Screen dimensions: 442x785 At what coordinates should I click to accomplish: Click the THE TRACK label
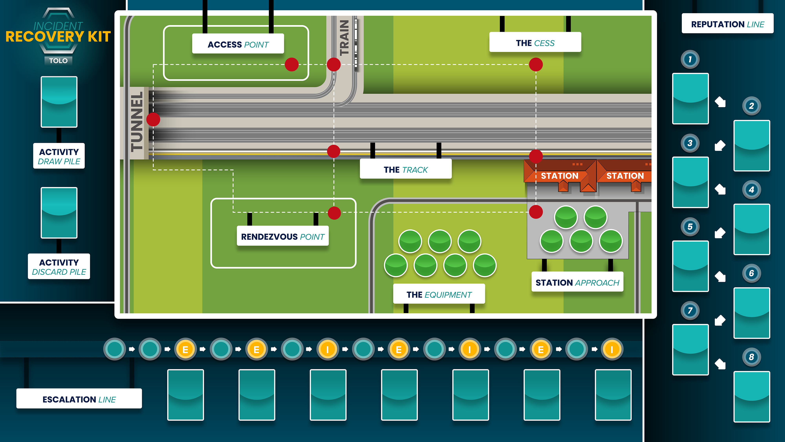click(406, 169)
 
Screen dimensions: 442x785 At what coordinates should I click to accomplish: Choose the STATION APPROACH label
click(577, 282)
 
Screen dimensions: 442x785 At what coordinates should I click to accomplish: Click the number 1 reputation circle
click(690, 59)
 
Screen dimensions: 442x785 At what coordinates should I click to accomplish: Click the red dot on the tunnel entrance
click(153, 119)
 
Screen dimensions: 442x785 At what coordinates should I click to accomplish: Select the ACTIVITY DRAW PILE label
click(59, 156)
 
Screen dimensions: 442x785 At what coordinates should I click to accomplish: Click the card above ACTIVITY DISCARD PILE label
click(59, 213)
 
